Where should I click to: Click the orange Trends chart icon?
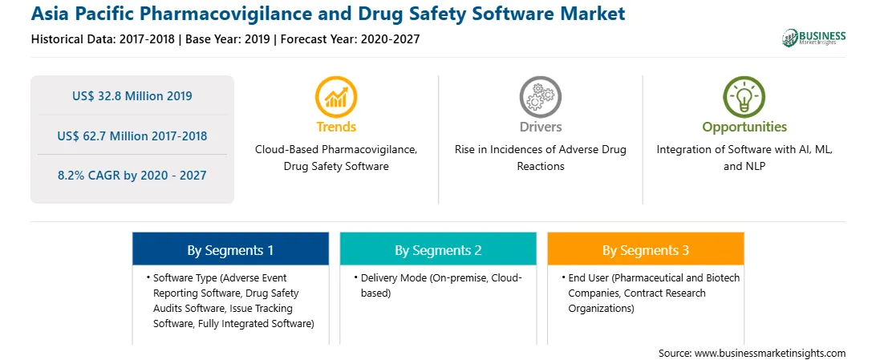[x=336, y=97]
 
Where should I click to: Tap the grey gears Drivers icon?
[x=540, y=97]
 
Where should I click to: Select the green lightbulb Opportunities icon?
[x=744, y=97]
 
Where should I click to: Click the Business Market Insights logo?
[x=814, y=38]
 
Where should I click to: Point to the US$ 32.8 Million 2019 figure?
[x=132, y=96]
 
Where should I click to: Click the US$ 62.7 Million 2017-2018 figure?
[x=132, y=136]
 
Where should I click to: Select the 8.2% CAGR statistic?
[x=132, y=176]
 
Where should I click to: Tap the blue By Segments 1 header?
[x=231, y=250]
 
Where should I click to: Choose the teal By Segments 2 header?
[x=438, y=250]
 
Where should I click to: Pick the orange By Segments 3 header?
[x=646, y=250]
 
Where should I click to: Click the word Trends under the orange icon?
[x=336, y=127]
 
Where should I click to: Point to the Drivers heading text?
[x=540, y=127]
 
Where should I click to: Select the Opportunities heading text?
[x=744, y=127]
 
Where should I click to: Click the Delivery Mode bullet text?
[x=441, y=285]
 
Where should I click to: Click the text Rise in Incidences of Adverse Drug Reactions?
[x=540, y=158]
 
